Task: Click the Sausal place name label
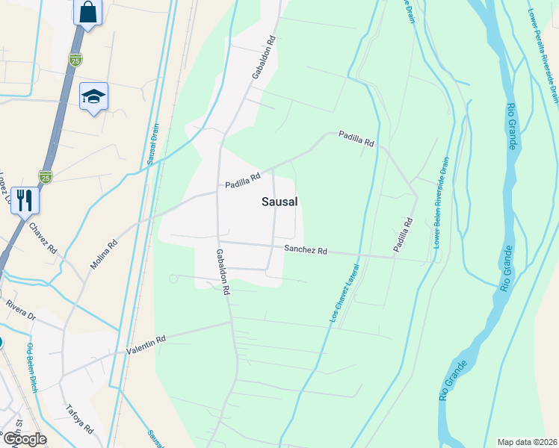point(280,202)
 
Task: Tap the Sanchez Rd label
point(306,251)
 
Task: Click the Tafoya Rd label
point(78,419)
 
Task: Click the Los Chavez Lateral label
point(344,293)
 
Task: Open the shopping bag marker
point(88,13)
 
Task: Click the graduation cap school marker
point(94,96)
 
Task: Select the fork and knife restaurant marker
point(25,200)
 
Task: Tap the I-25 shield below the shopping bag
point(75,60)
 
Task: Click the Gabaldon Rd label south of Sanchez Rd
point(221,272)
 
